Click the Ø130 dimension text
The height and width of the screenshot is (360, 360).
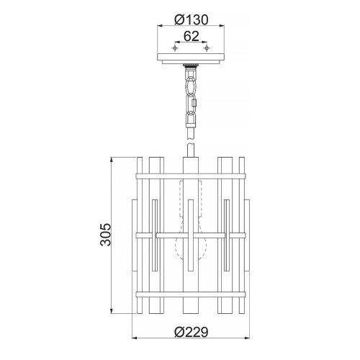coord(191,19)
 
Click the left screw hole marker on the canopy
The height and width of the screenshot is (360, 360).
coord(174,50)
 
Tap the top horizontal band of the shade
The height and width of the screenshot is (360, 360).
coord(191,174)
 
